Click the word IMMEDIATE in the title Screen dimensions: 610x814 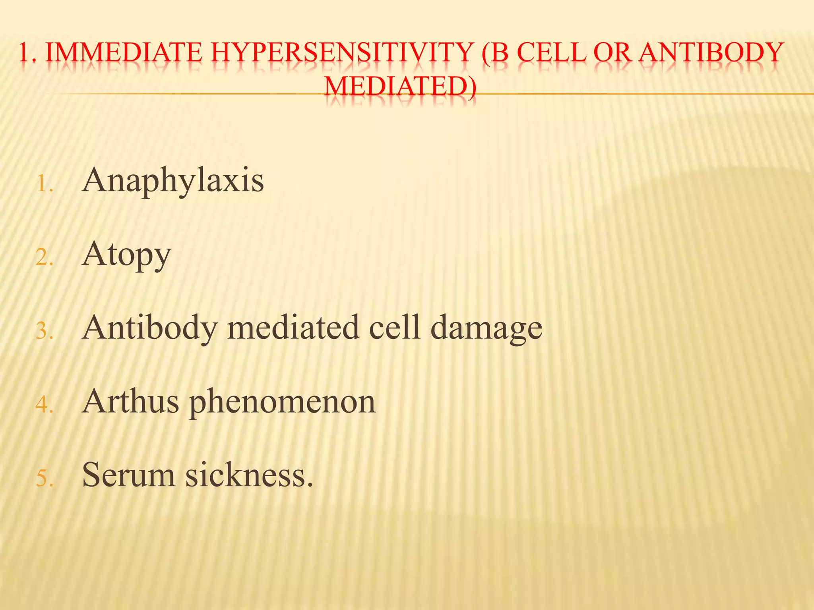(124, 53)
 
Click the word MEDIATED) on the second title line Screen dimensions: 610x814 (400, 87)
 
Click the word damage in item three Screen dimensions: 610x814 (486, 328)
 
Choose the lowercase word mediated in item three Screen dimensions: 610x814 (293, 328)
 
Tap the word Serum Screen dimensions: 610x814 (128, 475)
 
